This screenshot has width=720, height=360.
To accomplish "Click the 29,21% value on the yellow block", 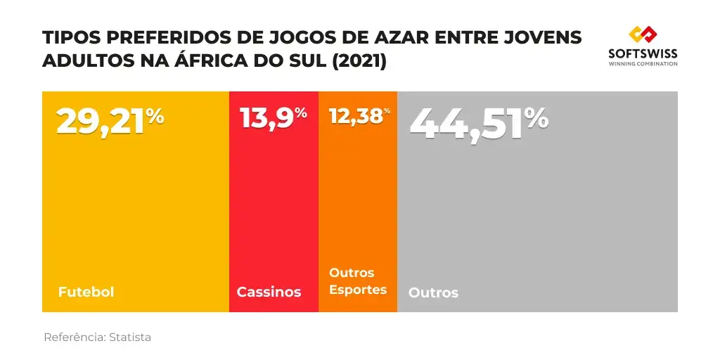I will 110,121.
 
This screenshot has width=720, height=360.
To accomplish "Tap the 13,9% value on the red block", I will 274,117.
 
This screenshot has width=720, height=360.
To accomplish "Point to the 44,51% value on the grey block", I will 478,122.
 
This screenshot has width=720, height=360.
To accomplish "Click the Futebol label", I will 86,292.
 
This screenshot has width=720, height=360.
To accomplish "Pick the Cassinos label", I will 269,292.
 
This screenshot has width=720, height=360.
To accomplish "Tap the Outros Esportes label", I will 358,281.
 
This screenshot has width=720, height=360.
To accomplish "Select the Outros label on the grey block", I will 433,292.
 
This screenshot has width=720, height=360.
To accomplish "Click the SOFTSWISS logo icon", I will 643,34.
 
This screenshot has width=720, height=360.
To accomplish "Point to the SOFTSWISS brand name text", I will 643,53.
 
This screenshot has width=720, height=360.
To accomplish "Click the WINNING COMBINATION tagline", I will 643,64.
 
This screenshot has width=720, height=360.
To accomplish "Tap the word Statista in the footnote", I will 130,337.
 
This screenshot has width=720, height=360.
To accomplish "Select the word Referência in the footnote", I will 74,337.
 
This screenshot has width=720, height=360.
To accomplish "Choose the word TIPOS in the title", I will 67,38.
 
